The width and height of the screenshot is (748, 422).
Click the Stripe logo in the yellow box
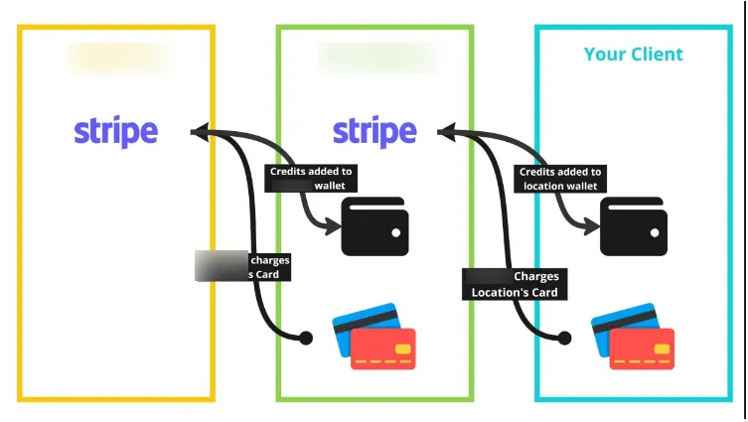click(x=115, y=131)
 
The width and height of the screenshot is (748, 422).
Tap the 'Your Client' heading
click(x=633, y=54)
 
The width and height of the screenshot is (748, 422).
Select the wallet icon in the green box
click(x=374, y=226)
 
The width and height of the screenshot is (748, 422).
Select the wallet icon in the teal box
click(x=633, y=226)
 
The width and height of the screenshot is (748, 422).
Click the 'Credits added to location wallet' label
click(x=560, y=179)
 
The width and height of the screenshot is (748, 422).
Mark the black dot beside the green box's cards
click(x=307, y=339)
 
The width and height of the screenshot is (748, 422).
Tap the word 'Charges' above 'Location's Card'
click(x=535, y=276)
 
